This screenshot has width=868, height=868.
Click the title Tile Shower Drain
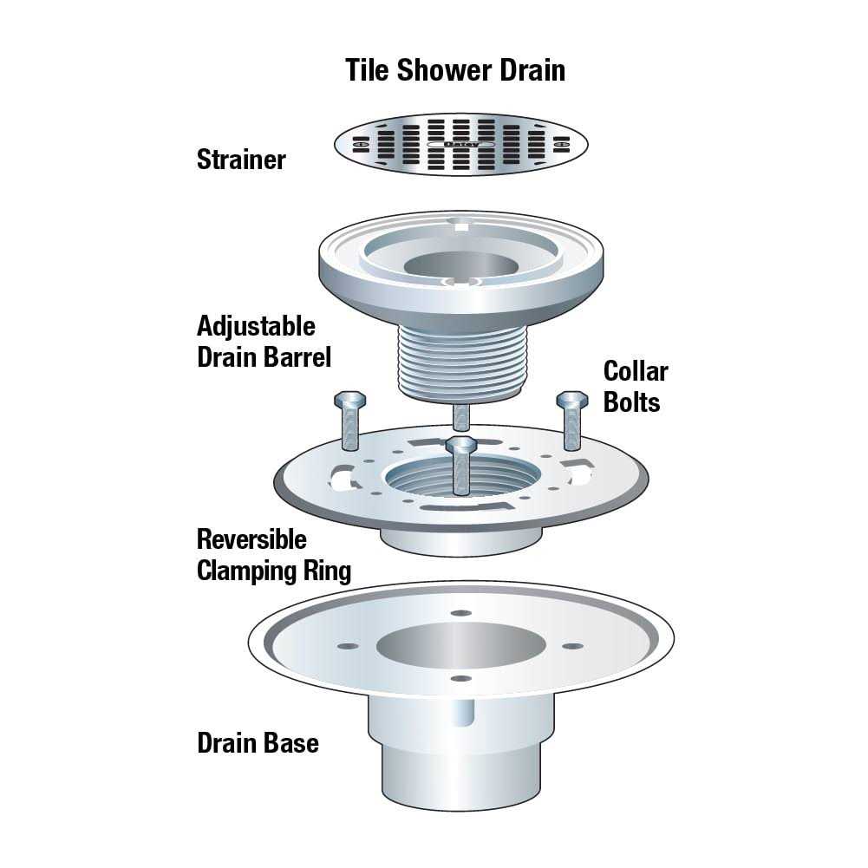tap(455, 69)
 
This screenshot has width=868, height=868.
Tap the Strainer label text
tap(241, 160)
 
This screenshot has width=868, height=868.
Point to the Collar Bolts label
tap(636, 387)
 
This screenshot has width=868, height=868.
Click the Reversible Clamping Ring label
tap(273, 555)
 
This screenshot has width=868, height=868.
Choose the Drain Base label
tap(258, 743)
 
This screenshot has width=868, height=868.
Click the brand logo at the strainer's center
tap(461, 144)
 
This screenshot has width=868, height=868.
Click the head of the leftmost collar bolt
tap(349, 401)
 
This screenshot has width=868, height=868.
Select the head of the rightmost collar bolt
tap(571, 400)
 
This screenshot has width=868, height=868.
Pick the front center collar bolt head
tap(461, 446)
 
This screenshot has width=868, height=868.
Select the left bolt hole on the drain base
tap(349, 646)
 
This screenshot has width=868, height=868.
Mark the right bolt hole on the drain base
tap(571, 646)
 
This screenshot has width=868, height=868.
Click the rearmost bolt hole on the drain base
tap(461, 613)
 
